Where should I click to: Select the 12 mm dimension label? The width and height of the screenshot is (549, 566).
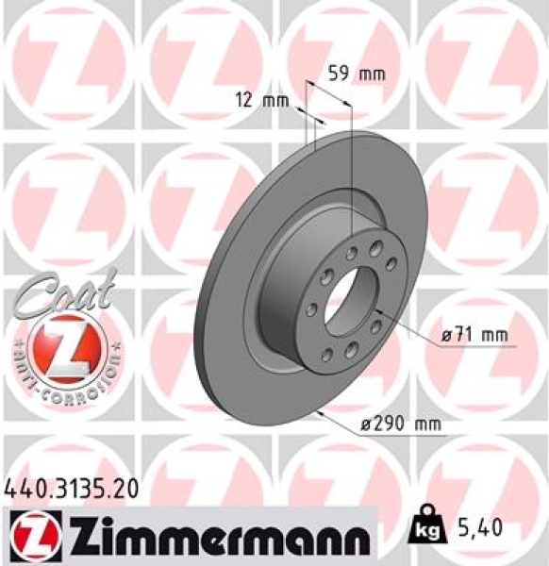tap(260, 100)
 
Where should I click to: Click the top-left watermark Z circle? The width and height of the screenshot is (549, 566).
tap(66, 61)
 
